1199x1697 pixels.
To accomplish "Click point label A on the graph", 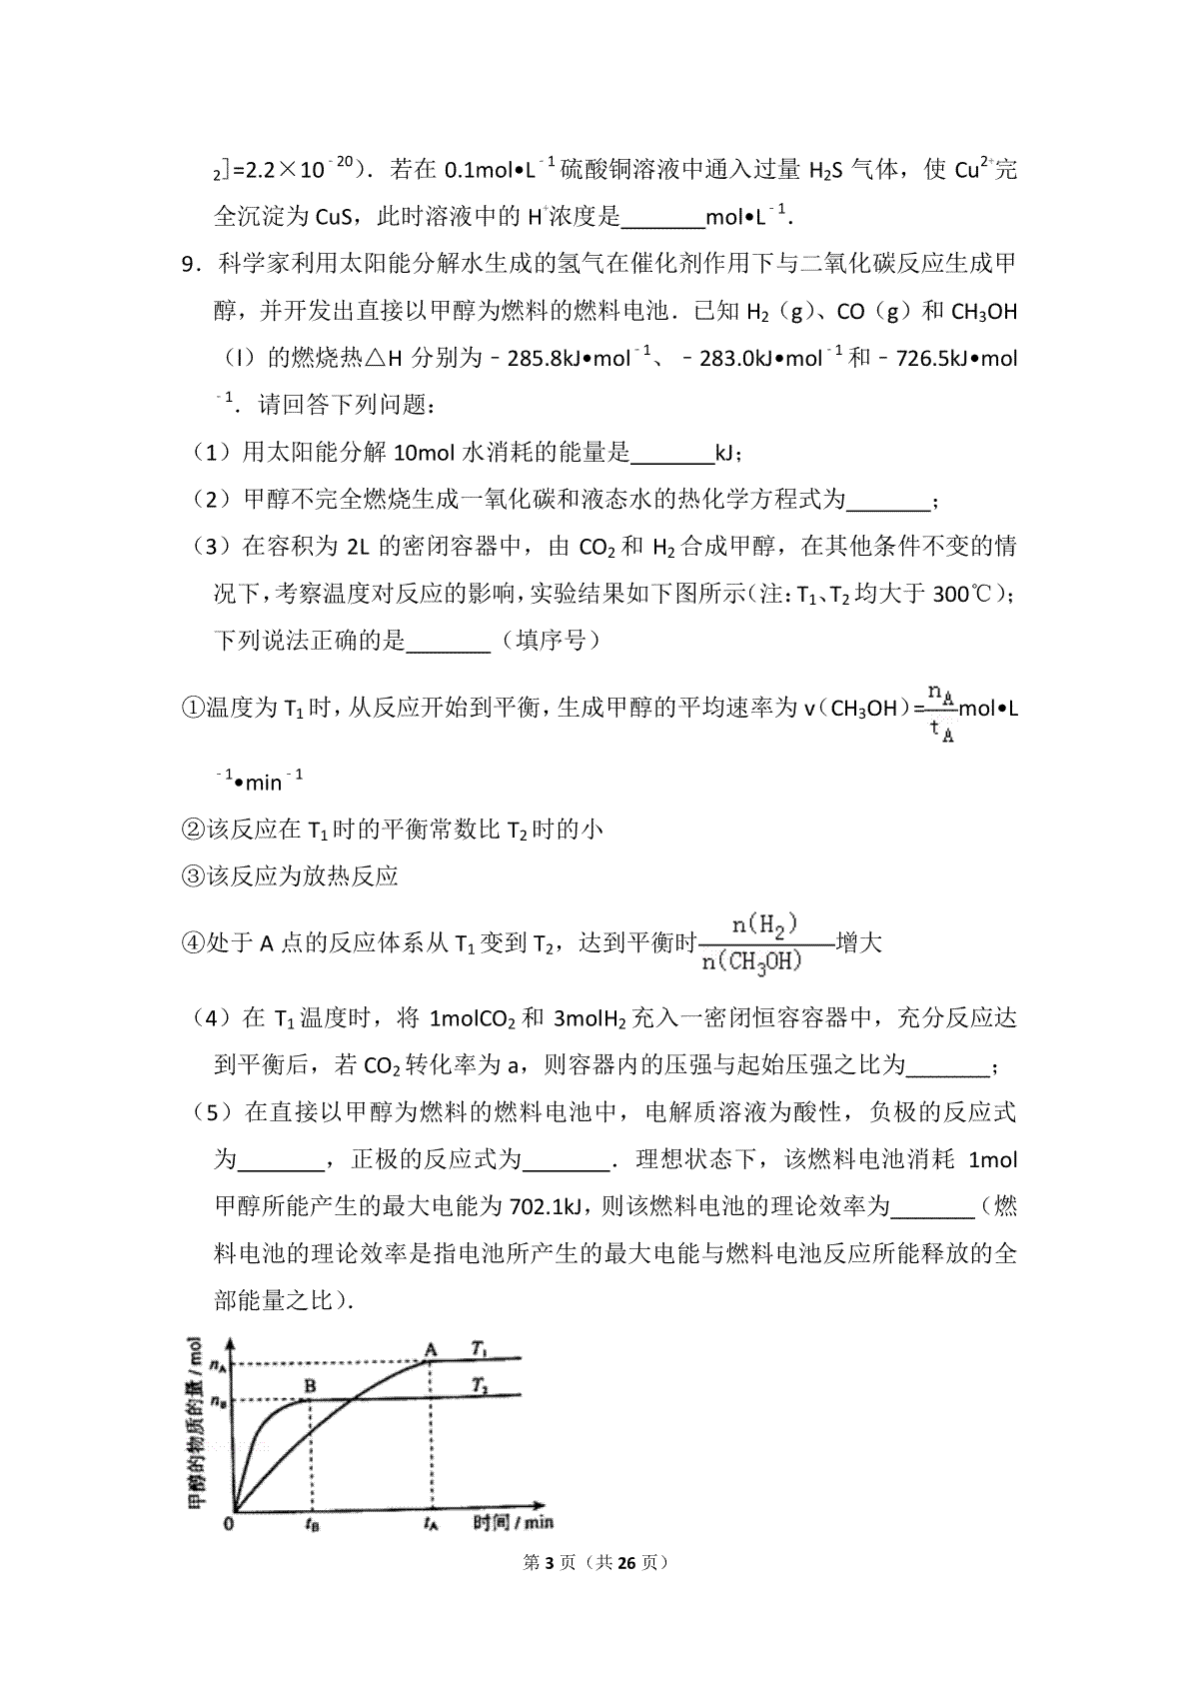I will (432, 1350).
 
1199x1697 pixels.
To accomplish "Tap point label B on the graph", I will (310, 1386).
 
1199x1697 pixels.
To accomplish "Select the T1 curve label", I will (480, 1348).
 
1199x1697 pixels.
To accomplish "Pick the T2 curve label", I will (480, 1385).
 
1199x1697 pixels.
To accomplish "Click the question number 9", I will (187, 264).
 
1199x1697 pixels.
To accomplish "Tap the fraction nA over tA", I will (939, 711).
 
